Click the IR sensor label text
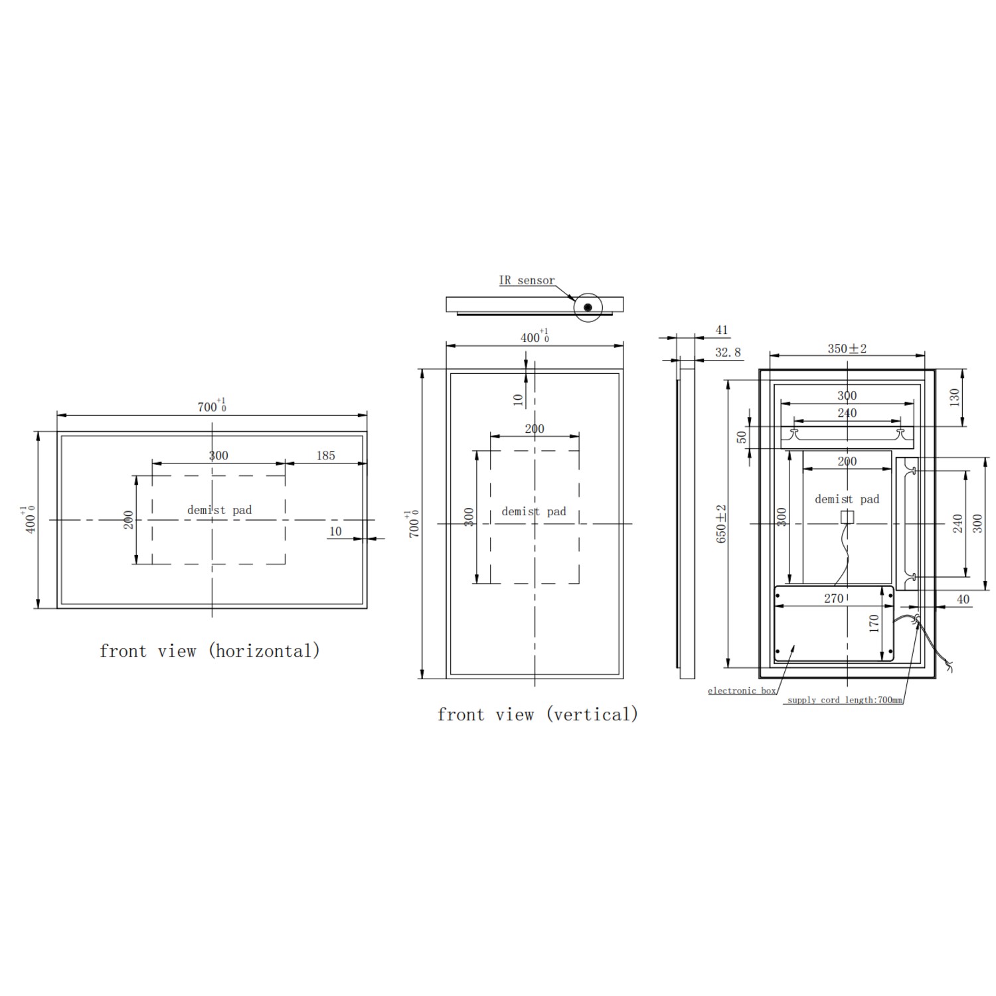tap(527, 280)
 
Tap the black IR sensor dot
tap(588, 307)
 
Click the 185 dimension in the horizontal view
tap(325, 456)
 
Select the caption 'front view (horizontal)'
tap(210, 651)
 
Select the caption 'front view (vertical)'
tap(538, 714)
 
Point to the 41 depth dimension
tap(722, 330)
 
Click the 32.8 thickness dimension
tap(728, 353)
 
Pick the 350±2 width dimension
tap(847, 349)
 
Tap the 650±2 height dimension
tap(722, 524)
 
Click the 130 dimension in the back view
tap(954, 398)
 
